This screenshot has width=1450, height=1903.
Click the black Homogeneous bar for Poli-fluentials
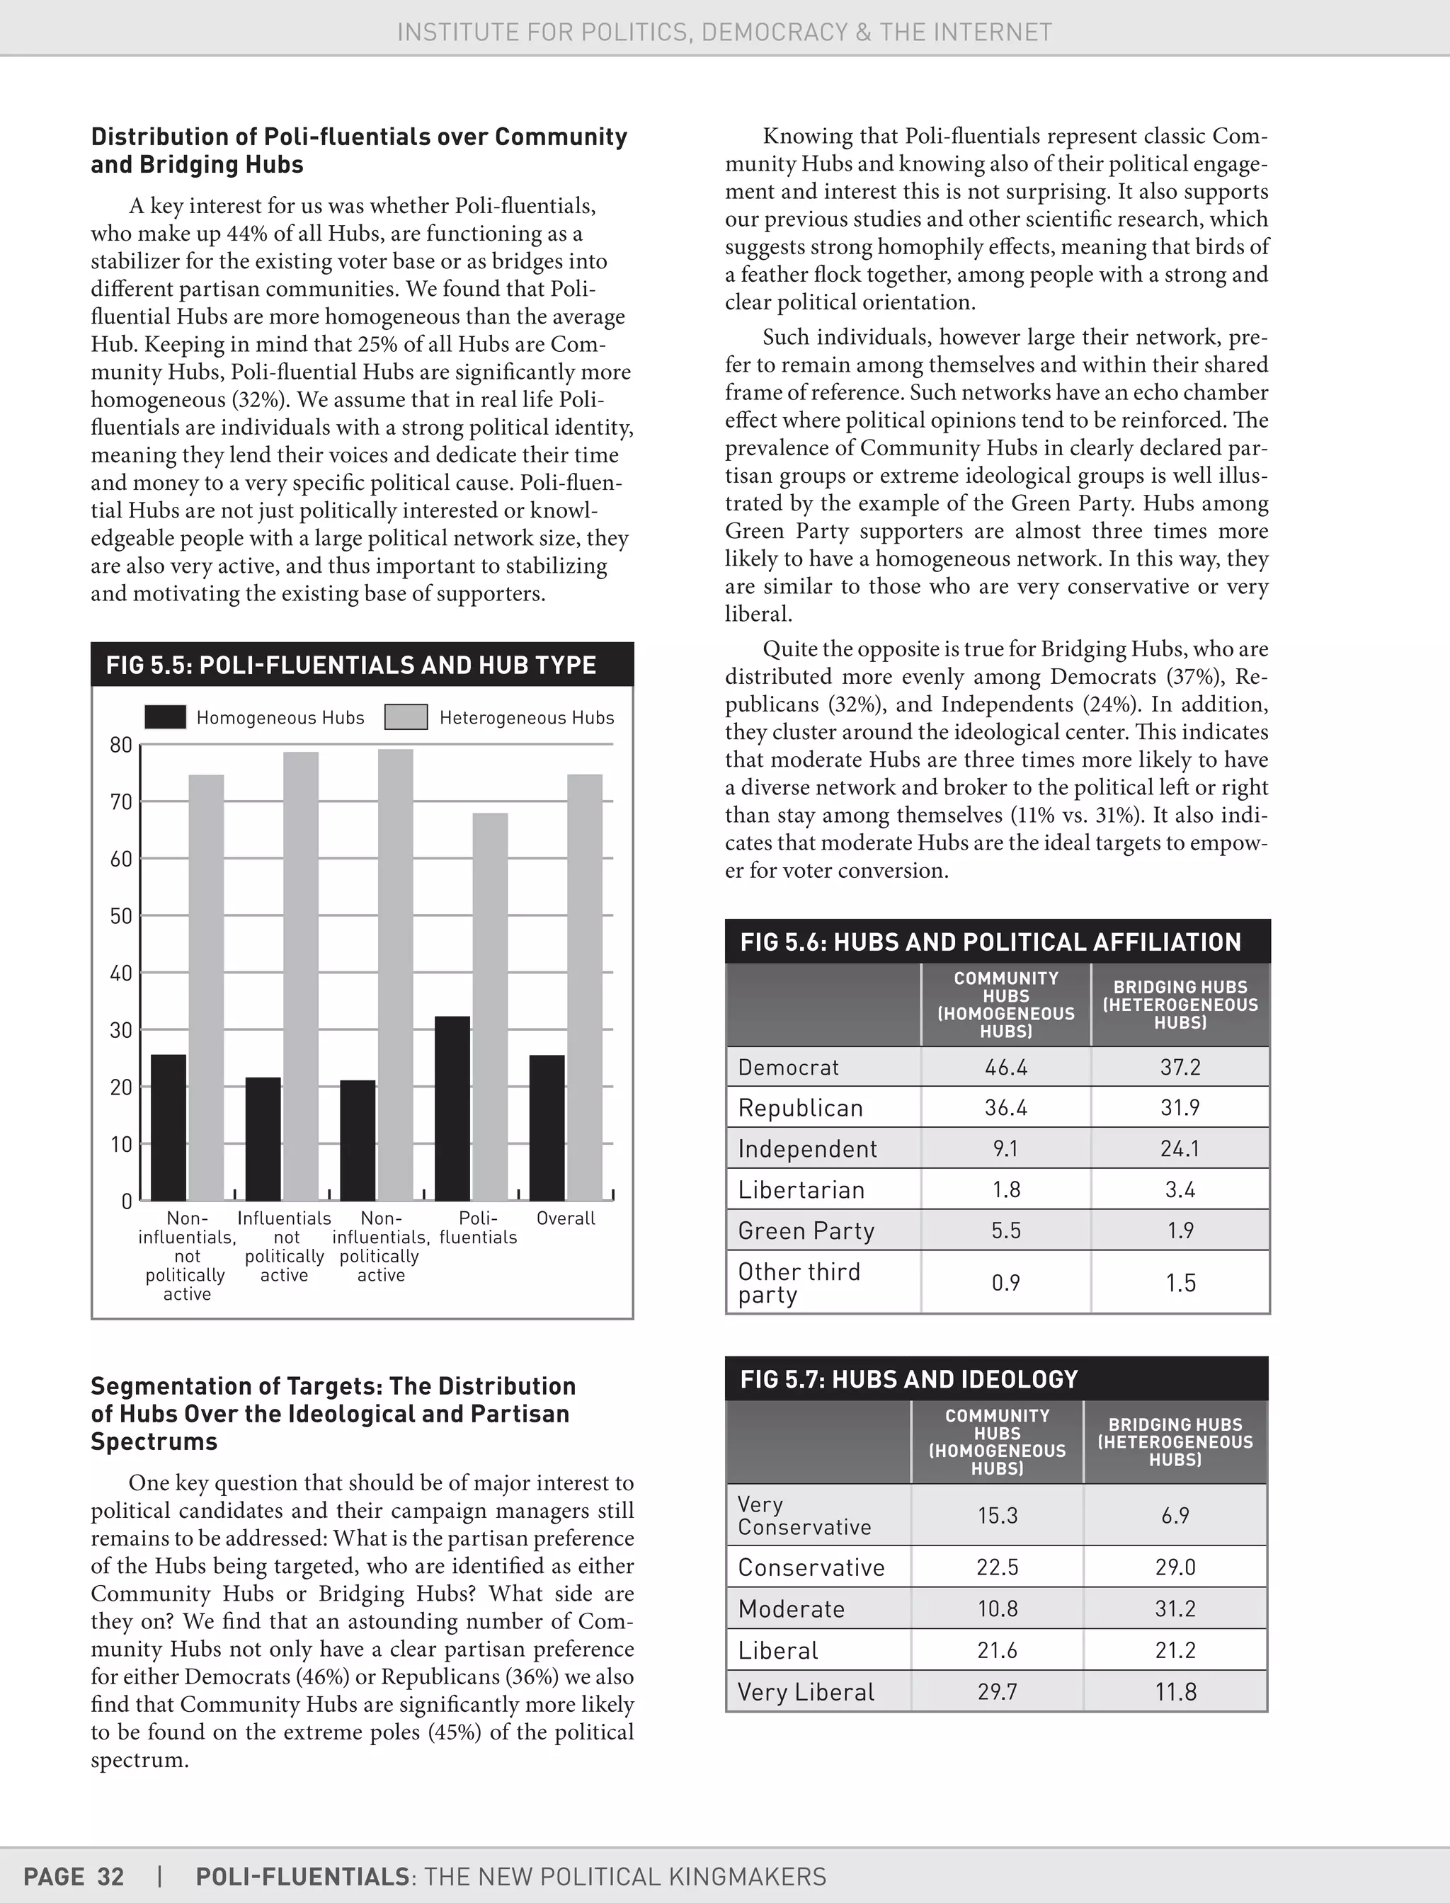pyautogui.click(x=452, y=1108)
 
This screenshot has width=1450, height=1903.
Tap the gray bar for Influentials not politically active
pyautogui.click(x=300, y=976)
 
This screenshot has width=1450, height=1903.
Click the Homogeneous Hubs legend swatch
pyautogui.click(x=165, y=717)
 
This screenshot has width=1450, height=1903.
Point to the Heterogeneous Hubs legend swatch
pyautogui.click(x=406, y=717)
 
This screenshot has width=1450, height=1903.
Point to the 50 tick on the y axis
pyautogui.click(x=121, y=915)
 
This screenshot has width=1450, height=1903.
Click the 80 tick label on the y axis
pyautogui.click(x=121, y=745)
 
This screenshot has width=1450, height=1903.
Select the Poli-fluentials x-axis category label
pyautogui.click(x=478, y=1227)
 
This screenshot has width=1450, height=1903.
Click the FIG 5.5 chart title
pyautogui.click(x=350, y=665)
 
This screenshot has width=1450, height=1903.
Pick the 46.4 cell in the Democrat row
pyautogui.click(x=1005, y=1068)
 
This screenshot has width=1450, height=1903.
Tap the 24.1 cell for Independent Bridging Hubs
pyautogui.click(x=1180, y=1149)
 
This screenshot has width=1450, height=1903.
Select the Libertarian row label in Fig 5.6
pyautogui.click(x=801, y=1190)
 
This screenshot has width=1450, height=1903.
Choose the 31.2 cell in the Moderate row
pyautogui.click(x=1175, y=1608)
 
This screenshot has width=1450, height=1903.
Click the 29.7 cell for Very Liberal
pyautogui.click(x=997, y=1691)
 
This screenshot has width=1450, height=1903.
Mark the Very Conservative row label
pyautogui.click(x=804, y=1516)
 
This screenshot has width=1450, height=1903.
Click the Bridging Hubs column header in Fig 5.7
pyautogui.click(x=1175, y=1441)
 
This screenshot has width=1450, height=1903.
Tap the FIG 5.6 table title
pyautogui.click(x=990, y=942)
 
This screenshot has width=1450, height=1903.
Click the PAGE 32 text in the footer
pyautogui.click(x=74, y=1876)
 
